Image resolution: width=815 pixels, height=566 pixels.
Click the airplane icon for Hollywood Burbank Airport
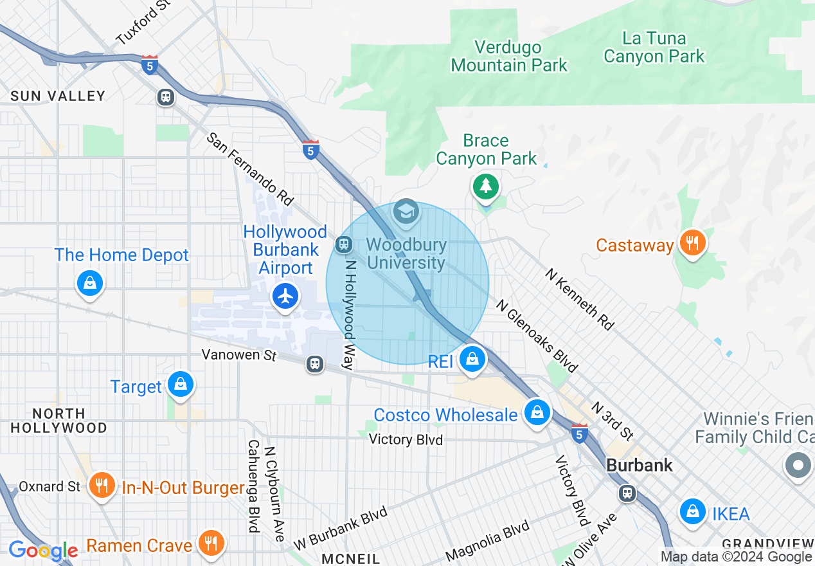[285, 297]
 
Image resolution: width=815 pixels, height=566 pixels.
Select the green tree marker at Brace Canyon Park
[486, 187]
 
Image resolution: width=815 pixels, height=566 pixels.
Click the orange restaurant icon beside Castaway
[692, 243]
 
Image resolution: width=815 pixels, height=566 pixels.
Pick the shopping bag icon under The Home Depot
[90, 282]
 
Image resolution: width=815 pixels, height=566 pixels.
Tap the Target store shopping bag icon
[181, 384]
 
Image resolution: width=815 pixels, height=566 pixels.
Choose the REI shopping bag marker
[472, 359]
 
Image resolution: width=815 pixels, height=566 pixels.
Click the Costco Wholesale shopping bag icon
[537, 412]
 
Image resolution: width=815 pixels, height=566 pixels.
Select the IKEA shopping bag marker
[692, 512]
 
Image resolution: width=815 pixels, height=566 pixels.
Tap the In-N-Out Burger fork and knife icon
[101, 484]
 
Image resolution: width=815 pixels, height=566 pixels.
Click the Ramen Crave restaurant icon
[210, 543]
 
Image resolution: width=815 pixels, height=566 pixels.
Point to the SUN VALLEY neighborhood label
[58, 96]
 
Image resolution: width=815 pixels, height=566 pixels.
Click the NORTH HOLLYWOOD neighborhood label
[59, 421]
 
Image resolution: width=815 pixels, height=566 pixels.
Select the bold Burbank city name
[640, 465]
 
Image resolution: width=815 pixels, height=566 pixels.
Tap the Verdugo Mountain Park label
[509, 56]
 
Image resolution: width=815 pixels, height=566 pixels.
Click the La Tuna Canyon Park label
[654, 47]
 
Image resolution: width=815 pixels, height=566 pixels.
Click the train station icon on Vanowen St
[314, 364]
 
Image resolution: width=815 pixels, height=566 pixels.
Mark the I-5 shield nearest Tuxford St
[149, 65]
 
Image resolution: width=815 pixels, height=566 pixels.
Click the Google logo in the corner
[44, 551]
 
